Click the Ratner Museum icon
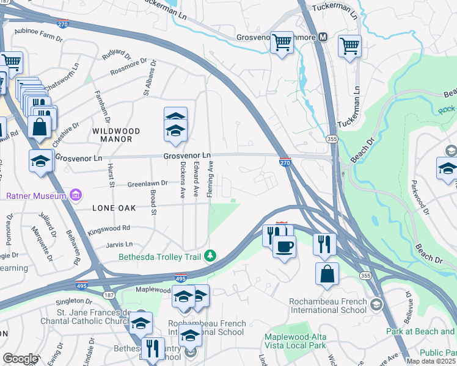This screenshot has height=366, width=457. [76, 196]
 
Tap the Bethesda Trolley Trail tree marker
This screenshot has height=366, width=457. [211, 255]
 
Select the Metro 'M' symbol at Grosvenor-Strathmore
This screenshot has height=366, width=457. [323, 37]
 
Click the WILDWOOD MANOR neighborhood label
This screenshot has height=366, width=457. [116, 135]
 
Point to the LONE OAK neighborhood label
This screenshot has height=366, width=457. [112, 208]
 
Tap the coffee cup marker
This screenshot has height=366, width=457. [283, 246]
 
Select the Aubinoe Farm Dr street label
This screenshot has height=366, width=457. [38, 34]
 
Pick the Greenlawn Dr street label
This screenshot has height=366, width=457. [147, 184]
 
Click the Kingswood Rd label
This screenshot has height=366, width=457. [109, 228]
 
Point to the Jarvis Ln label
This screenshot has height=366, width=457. [119, 244]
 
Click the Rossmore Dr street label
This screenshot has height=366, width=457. [129, 70]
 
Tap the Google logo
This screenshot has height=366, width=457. [20, 359]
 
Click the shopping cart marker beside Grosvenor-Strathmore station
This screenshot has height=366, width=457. [281, 43]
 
